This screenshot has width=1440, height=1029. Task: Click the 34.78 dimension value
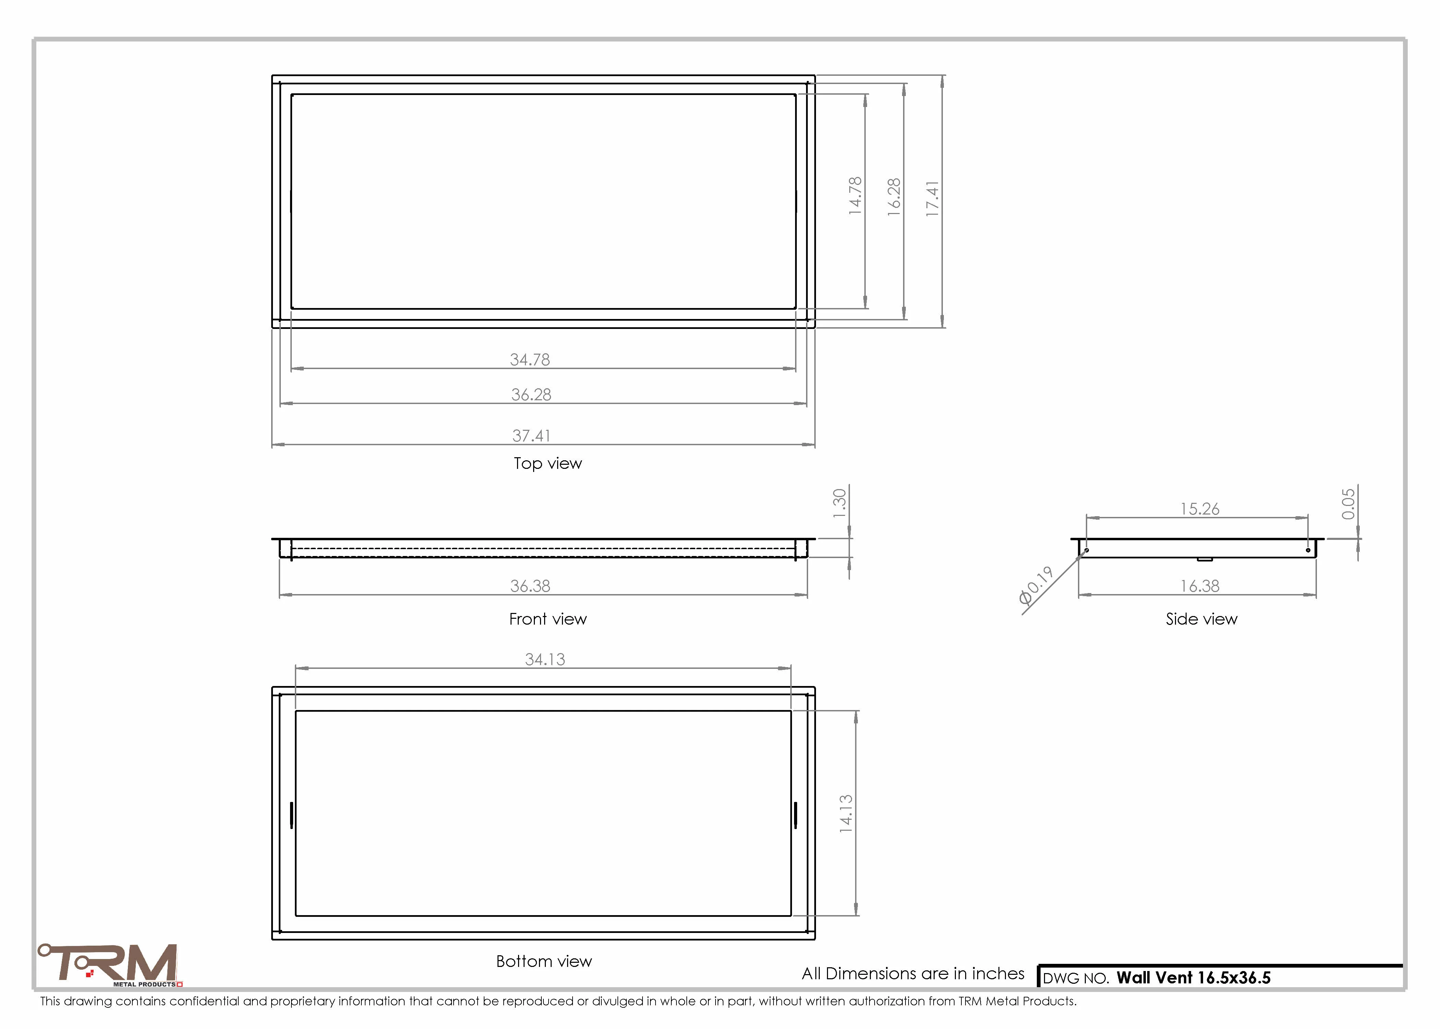[x=530, y=359]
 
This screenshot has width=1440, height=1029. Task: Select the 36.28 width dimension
[x=531, y=395]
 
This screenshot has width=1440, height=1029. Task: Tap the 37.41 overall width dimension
[x=531, y=436]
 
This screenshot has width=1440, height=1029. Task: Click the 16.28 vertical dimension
[x=893, y=197]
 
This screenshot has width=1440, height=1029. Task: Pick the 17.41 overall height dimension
[x=932, y=199]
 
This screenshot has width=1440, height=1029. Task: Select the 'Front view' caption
[x=548, y=619]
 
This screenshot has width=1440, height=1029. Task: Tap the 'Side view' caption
[x=1201, y=619]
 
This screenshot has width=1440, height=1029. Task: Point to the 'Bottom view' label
[x=544, y=961]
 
